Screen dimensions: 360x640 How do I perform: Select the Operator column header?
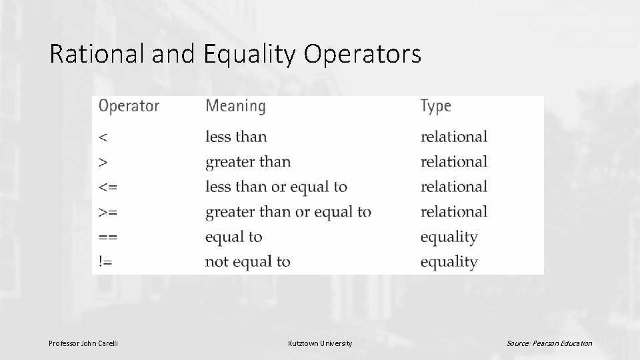[x=129, y=106]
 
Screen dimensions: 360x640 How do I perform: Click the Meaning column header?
[x=235, y=106]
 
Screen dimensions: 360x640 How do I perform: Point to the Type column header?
[x=436, y=106]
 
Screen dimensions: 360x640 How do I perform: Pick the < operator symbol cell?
[x=103, y=137]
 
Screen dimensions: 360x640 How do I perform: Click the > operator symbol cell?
[x=103, y=162]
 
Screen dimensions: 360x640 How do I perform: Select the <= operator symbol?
[x=109, y=187]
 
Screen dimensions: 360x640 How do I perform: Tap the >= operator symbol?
[x=109, y=212]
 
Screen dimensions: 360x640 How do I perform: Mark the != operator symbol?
[x=106, y=262]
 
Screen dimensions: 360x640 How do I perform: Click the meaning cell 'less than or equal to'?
[x=276, y=187]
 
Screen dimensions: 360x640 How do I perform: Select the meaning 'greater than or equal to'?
[x=288, y=212]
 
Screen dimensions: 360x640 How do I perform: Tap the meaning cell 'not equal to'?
[x=247, y=262]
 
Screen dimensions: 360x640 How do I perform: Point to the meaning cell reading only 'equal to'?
[x=233, y=237]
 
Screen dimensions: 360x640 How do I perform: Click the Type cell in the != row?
[x=449, y=262]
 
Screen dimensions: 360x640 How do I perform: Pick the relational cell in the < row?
[x=453, y=137]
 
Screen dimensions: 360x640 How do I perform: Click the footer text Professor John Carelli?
[x=83, y=343]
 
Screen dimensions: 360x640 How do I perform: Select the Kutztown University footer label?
[x=320, y=343]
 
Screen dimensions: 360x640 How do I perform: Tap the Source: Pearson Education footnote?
[x=549, y=343]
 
